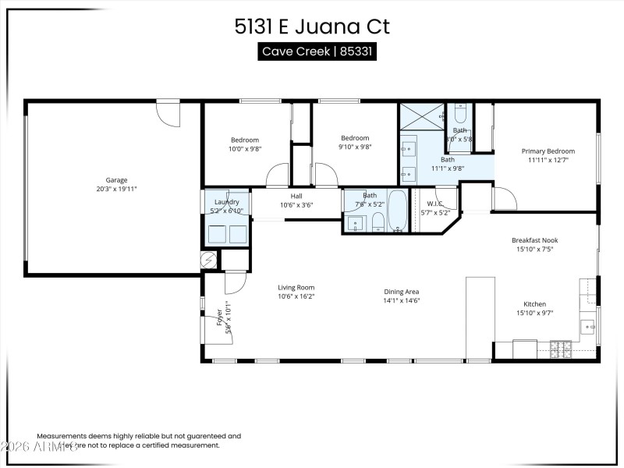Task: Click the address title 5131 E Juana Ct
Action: pyautogui.click(x=312, y=27)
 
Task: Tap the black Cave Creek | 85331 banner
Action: pyautogui.click(x=312, y=51)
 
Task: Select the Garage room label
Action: pyautogui.click(x=116, y=180)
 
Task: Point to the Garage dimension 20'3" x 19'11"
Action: pyautogui.click(x=116, y=189)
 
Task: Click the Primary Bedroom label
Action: pyautogui.click(x=548, y=151)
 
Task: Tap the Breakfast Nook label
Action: pyautogui.click(x=534, y=240)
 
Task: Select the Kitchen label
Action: pyautogui.click(x=534, y=304)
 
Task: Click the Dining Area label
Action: pyautogui.click(x=402, y=292)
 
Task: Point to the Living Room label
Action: pyautogui.click(x=296, y=287)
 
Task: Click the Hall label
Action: pyautogui.click(x=296, y=197)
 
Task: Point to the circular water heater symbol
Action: pyautogui.click(x=209, y=260)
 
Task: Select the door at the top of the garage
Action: pyautogui.click(x=168, y=112)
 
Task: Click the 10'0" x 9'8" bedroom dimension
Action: pyautogui.click(x=245, y=148)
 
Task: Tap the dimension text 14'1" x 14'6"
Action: pyautogui.click(x=402, y=300)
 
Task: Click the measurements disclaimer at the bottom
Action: pyautogui.click(x=139, y=441)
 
